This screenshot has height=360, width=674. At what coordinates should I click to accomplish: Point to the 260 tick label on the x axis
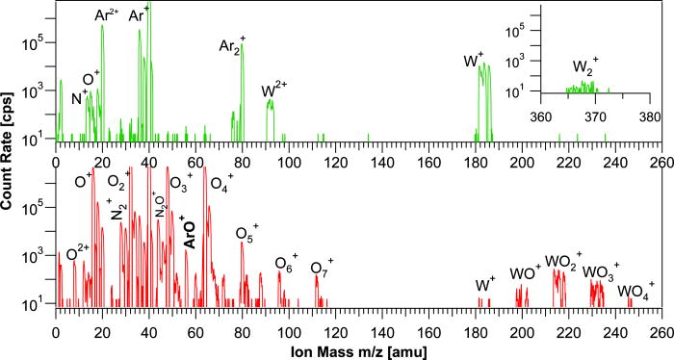tap(660, 327)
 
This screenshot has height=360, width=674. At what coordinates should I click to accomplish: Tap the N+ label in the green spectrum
tap(80, 92)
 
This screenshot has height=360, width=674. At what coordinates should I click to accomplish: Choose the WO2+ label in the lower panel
tap(562, 262)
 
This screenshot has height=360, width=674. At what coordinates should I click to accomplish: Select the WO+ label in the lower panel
tap(526, 274)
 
